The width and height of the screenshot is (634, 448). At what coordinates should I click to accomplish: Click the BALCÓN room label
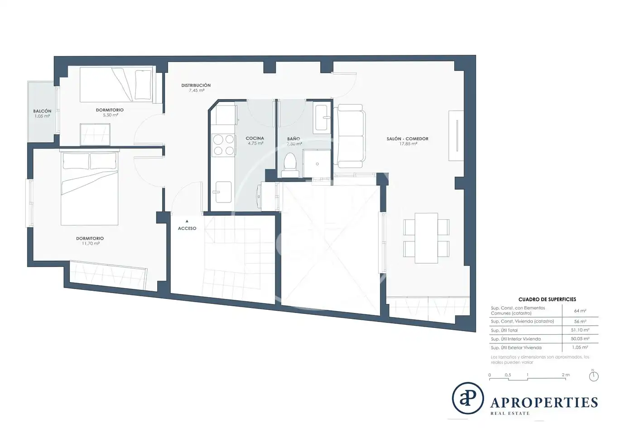42,111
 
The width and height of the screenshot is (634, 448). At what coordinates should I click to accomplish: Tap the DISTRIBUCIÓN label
196,85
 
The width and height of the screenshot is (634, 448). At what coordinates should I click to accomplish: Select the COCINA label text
255,138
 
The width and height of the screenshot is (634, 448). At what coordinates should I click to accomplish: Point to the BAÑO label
293,139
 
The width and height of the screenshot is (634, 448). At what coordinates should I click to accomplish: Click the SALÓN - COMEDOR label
407,139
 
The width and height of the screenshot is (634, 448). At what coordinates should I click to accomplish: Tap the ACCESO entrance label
187,228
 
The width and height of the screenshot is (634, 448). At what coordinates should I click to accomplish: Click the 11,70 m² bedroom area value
91,244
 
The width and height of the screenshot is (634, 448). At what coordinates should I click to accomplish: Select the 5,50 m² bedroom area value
110,115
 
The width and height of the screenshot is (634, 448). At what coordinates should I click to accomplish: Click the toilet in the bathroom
290,165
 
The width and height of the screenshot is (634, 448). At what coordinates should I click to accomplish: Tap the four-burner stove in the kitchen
224,145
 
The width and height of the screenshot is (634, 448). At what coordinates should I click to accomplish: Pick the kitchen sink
223,192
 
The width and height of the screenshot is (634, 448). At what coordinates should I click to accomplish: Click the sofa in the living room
350,136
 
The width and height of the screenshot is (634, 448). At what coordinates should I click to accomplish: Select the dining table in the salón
426,238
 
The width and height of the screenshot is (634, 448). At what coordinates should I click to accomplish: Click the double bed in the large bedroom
90,188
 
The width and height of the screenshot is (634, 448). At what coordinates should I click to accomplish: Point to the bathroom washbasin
322,119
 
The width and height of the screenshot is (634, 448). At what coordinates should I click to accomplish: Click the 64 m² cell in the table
580,311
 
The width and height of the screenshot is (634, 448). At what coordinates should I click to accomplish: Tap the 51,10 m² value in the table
580,330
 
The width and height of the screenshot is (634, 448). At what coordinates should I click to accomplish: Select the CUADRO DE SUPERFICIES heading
547,299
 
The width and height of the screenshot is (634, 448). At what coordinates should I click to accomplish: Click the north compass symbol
594,376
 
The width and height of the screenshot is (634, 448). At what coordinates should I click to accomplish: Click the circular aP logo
467,398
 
